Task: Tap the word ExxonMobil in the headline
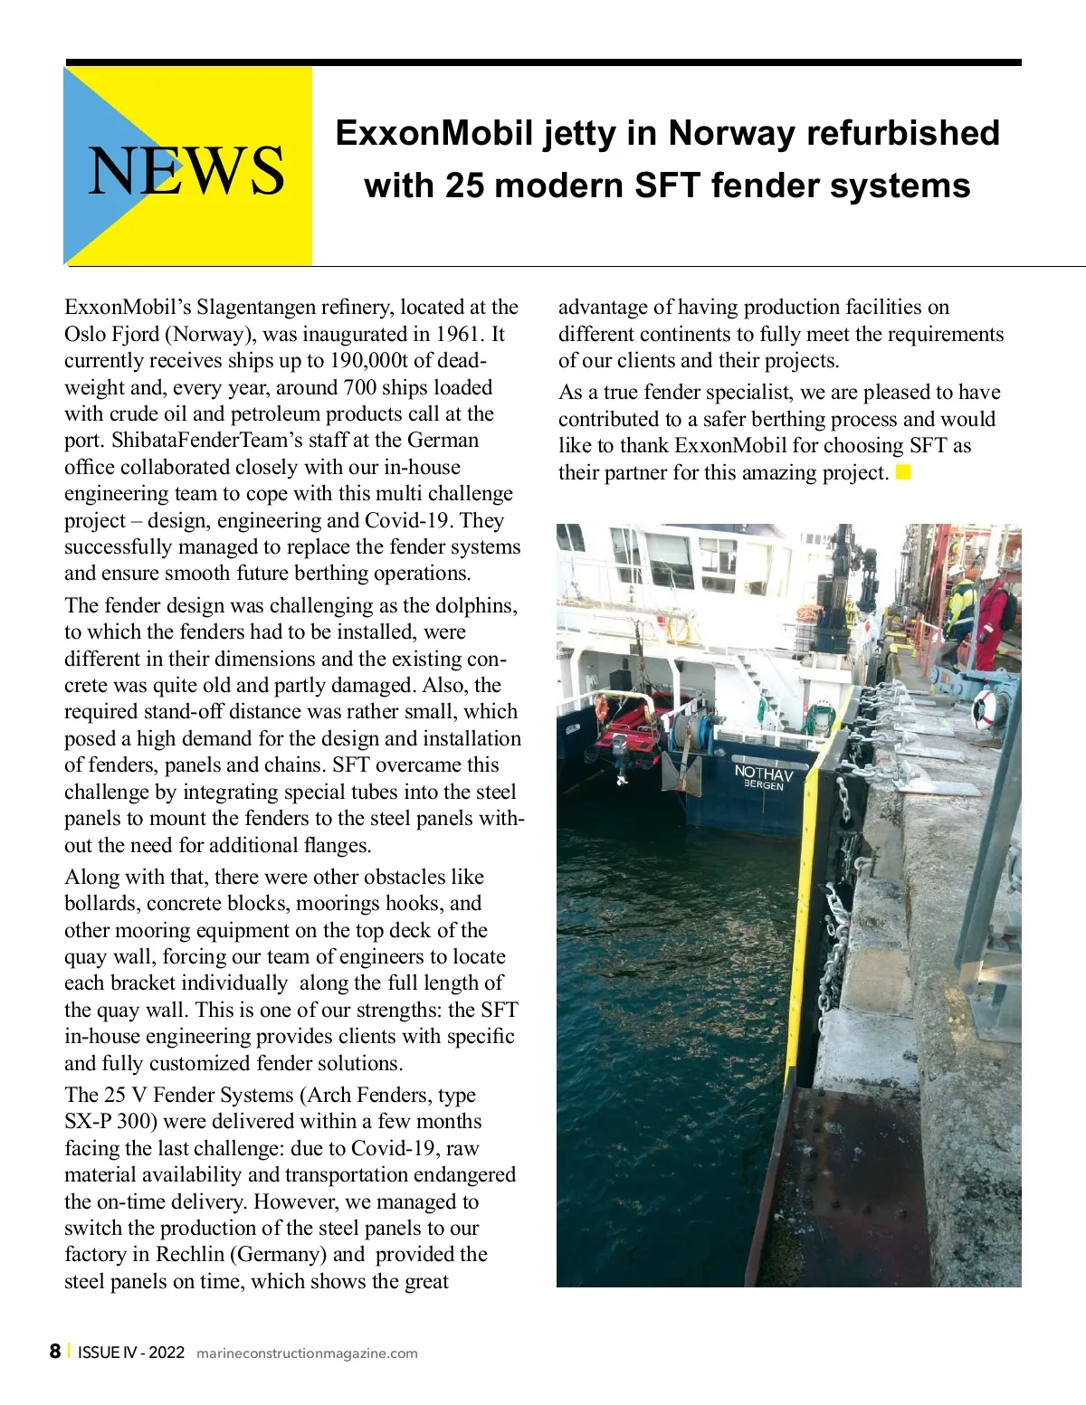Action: point(433,133)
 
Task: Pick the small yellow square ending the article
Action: point(903,472)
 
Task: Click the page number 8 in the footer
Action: point(55,1352)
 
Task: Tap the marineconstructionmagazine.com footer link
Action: point(307,1353)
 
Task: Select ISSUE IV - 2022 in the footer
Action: point(131,1353)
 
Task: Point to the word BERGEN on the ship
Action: point(763,785)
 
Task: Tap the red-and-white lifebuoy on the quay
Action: point(986,709)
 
